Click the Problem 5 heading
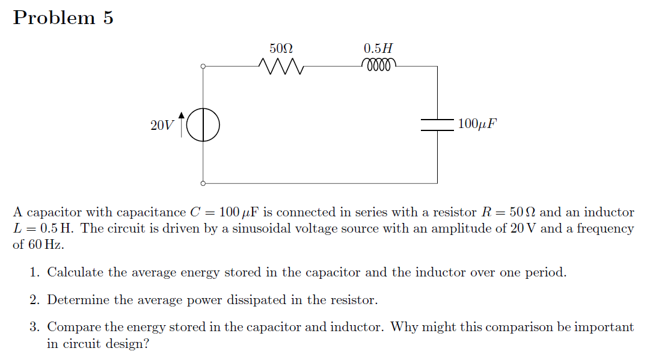pos(63,18)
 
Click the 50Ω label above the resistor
pos(281,47)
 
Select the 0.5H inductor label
pos(379,47)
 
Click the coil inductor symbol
pos(379,64)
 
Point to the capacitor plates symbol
pos(437,124)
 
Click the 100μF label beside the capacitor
pos(477,124)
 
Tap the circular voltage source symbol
pos(203,125)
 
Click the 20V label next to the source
pos(162,126)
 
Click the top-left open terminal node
pos(203,67)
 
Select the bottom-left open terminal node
pos(203,183)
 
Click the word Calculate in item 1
pos(75,272)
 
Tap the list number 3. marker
pos(35,328)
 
